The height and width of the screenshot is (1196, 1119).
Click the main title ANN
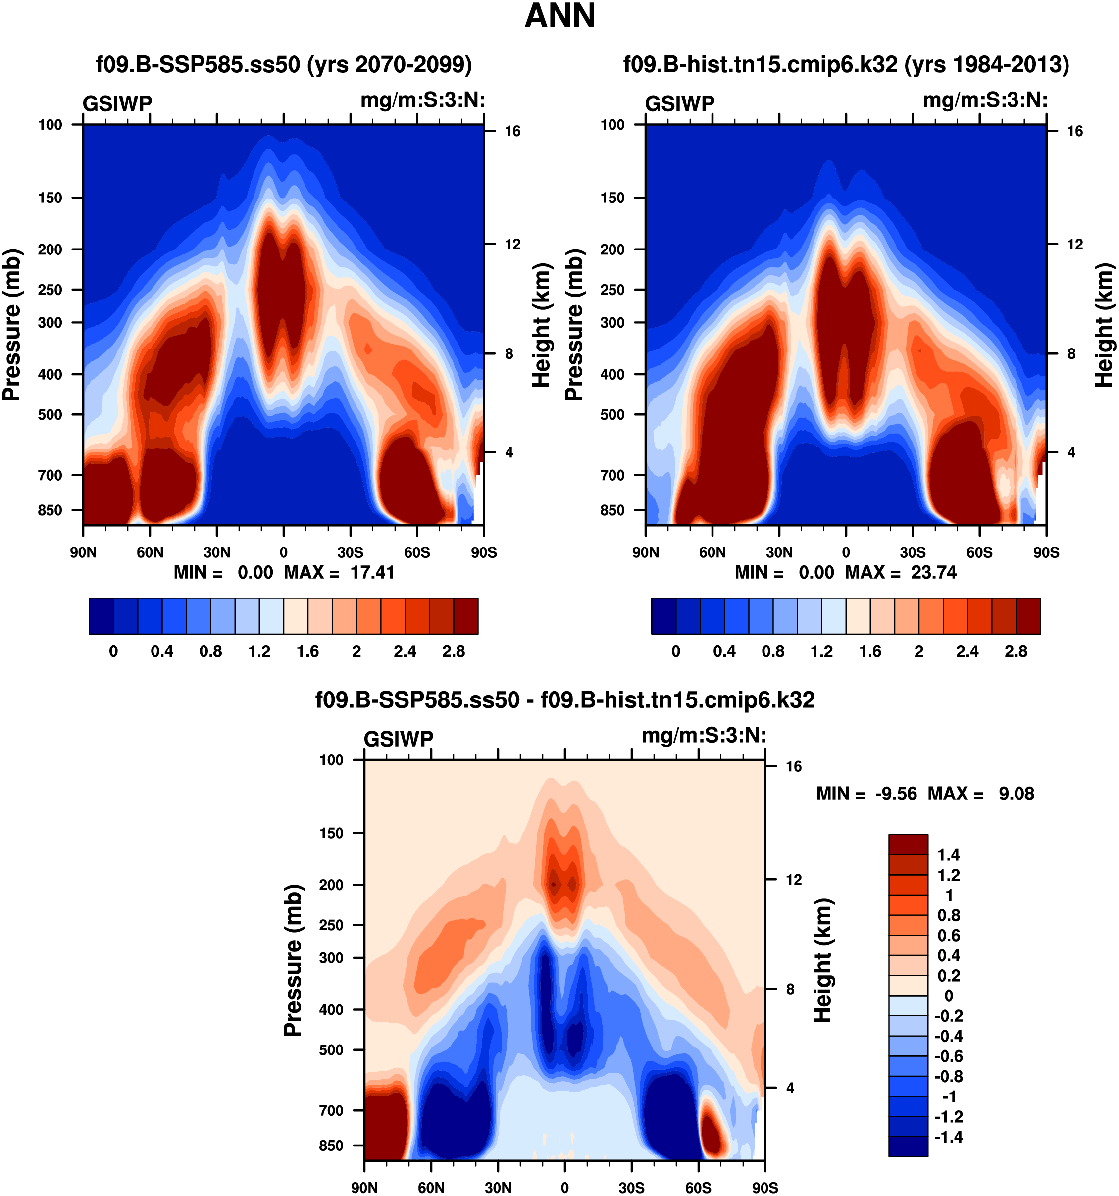(559, 16)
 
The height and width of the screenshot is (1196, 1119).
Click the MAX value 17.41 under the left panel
(372, 572)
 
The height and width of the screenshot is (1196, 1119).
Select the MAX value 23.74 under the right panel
(933, 572)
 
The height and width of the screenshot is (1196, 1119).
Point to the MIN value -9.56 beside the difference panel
(896, 794)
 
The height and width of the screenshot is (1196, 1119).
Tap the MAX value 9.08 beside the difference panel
(1016, 794)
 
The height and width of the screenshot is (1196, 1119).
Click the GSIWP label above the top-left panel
(117, 104)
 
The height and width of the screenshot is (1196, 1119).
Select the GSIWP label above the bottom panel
(398, 739)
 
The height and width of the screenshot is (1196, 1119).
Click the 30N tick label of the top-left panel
(216, 552)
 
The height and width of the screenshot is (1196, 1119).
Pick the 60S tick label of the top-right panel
(979, 552)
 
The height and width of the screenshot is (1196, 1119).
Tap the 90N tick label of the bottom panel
(364, 1188)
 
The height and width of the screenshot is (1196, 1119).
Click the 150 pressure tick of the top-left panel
(50, 198)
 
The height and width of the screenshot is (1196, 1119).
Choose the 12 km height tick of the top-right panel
(1074, 244)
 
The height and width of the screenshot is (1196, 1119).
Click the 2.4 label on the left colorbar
(405, 651)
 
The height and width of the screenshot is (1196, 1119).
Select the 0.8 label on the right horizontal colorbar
(773, 651)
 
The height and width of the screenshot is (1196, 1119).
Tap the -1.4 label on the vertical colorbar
(948, 1137)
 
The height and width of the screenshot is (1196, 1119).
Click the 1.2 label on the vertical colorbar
(949, 875)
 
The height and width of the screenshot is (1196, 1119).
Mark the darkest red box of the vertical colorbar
(908, 844)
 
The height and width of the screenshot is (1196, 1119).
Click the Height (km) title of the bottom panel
(823, 960)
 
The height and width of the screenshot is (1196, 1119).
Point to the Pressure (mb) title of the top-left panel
(12, 325)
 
